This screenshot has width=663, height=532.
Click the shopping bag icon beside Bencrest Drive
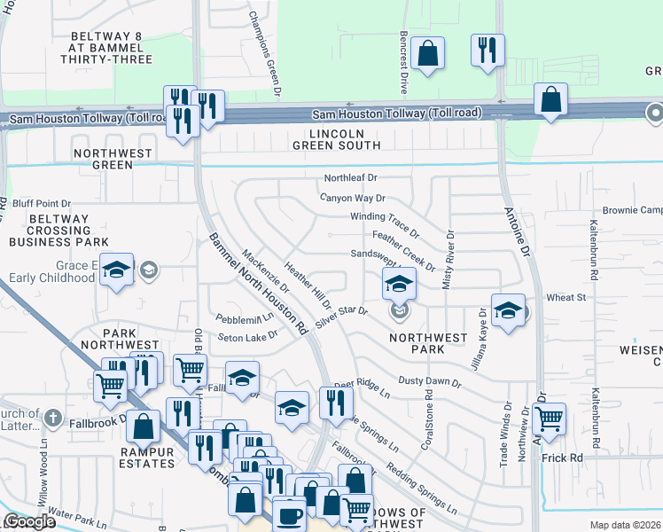[427, 52]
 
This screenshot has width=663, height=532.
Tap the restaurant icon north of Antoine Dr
[487, 50]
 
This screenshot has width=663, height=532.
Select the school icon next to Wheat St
[508, 311]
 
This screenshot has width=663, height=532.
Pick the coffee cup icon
[289, 515]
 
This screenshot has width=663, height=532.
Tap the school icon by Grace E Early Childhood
[116, 270]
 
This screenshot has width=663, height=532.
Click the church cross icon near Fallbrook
[53, 417]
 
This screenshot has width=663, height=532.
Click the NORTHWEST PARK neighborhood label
[428, 343]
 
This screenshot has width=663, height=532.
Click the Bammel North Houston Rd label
[258, 283]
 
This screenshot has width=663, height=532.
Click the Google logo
[29, 522]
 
